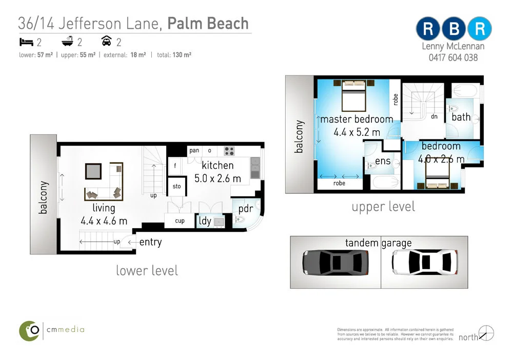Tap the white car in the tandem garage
pos(424,262)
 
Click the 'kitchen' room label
pos(218,166)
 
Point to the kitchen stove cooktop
pos(229,151)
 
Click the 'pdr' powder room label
pos(246,209)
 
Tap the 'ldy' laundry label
pos(205,222)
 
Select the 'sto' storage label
pos(176,186)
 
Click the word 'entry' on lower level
pos(150,242)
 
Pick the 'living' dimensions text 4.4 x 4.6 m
pos(104,222)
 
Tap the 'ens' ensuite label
pos(383,161)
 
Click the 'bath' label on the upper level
pos(461,117)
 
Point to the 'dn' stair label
pos(433,116)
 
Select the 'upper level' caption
pos(383,207)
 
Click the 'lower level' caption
pos(147,270)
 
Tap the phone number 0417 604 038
pos(453,58)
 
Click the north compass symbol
pos(485,333)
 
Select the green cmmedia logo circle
pos(30,331)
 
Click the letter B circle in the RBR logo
pos(453,29)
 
